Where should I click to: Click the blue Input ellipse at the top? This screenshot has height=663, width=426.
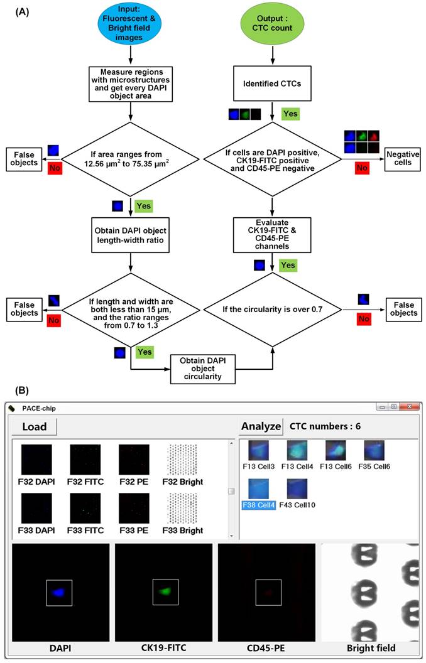click(x=129, y=23)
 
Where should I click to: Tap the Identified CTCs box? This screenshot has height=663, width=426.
click(x=272, y=83)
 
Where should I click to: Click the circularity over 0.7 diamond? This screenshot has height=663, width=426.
click(x=272, y=308)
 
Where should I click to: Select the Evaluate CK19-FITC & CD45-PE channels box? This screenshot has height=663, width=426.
click(x=272, y=233)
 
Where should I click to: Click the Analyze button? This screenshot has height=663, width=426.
click(x=261, y=426)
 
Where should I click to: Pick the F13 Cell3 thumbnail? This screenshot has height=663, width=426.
click(x=259, y=452)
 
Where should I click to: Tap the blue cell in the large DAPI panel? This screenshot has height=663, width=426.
click(x=58, y=591)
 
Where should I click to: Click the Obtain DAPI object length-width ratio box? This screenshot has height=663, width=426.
click(x=130, y=234)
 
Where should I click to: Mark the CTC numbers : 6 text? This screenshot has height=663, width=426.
click(x=325, y=426)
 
